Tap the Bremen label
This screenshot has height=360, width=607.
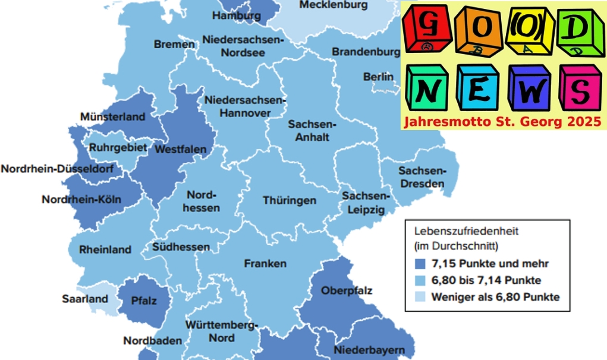[x=174, y=45]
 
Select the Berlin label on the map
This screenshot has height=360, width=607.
[x=378, y=77]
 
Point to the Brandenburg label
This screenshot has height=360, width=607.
[x=366, y=52]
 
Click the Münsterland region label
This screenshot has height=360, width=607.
[x=112, y=116]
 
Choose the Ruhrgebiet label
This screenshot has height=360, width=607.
[x=117, y=147]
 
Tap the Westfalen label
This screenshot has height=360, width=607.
[x=180, y=150]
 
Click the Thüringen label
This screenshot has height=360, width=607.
[x=290, y=201]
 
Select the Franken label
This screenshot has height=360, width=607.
[x=265, y=263]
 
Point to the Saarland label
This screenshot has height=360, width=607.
[x=85, y=299]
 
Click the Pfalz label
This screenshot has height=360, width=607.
[x=144, y=301]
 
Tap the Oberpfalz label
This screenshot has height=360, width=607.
[x=347, y=290]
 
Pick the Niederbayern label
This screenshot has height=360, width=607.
[x=365, y=349]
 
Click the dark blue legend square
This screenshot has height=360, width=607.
[x=420, y=263]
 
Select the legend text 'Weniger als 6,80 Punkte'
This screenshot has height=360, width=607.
[x=496, y=297]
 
